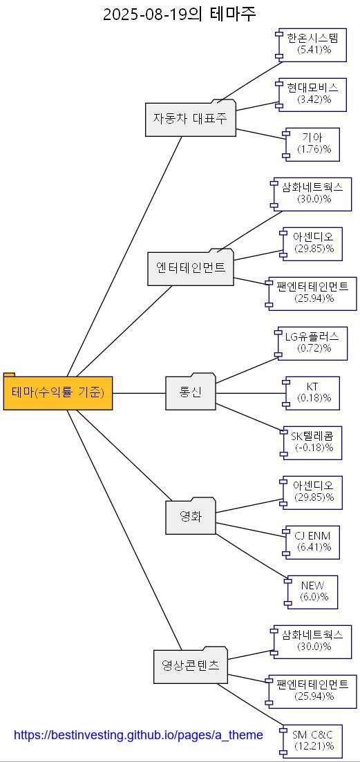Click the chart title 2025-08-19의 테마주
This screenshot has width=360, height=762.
point(180,14)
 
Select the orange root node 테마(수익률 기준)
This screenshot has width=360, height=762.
point(58,393)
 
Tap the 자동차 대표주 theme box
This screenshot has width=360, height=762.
point(190,119)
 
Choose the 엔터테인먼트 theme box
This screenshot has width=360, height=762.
point(191,268)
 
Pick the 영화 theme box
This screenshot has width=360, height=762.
point(191,517)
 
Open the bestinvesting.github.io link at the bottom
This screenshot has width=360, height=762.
point(138,735)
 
